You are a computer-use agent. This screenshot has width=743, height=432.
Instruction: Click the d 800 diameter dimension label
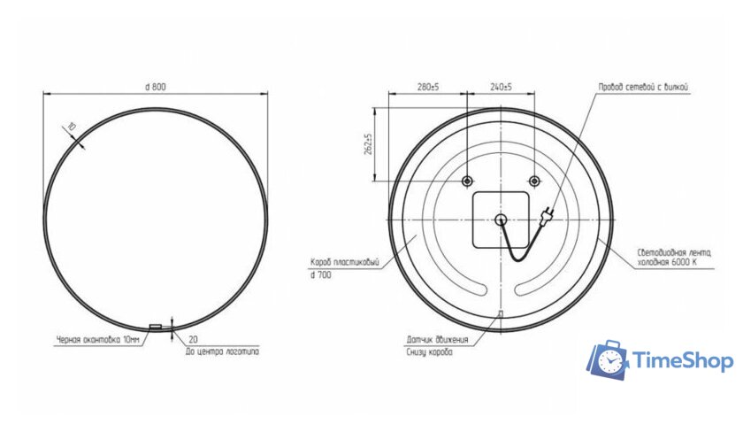[156, 86]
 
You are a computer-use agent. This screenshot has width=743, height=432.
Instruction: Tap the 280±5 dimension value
[428, 88]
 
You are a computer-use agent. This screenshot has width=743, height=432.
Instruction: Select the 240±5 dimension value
[501, 88]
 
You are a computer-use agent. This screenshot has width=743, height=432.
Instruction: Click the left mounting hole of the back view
[467, 181]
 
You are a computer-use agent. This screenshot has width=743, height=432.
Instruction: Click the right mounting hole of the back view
[533, 181]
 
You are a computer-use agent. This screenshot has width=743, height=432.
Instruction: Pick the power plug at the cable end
[548, 213]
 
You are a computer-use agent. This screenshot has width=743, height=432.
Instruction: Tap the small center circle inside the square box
[500, 220]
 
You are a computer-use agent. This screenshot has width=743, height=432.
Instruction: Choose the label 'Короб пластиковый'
[345, 262]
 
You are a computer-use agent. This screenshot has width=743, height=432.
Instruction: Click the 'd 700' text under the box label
[320, 276]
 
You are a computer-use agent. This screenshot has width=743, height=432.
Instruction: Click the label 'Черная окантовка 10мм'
[98, 339]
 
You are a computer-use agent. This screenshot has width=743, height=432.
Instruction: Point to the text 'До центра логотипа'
[223, 351]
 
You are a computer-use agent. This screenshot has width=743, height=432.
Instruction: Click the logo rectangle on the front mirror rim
[156, 327]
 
